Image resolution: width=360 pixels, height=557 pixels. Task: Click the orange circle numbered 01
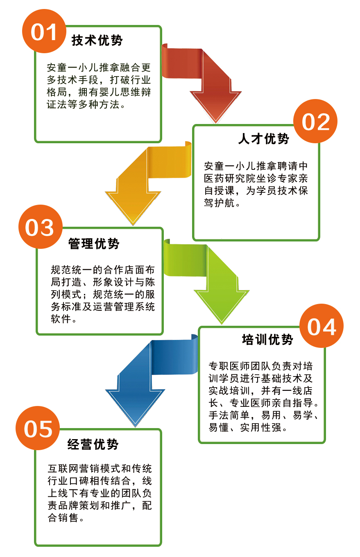44,31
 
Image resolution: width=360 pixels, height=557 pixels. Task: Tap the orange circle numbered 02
315,121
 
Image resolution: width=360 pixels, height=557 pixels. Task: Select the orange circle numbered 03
40,227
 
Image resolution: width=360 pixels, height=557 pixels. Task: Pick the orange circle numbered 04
322,326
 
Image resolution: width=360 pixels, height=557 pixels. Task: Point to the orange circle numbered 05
38,428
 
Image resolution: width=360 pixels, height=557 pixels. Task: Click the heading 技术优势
97,40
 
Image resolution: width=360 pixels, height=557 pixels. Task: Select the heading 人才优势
264,138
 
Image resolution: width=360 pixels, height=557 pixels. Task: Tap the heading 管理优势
94,244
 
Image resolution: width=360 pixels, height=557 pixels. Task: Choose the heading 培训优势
268,339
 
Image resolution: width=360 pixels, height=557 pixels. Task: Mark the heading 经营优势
93,444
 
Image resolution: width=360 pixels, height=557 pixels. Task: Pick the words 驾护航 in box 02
220,203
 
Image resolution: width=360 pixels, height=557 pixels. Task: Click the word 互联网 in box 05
63,469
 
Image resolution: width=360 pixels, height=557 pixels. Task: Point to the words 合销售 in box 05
63,517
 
